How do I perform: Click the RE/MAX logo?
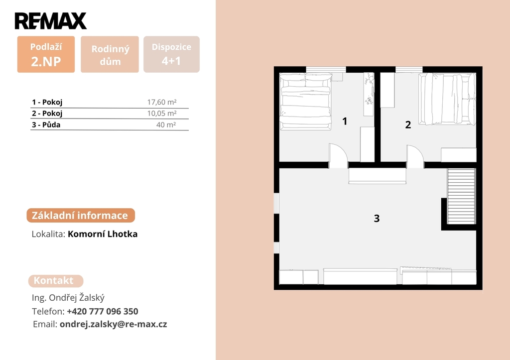[50, 21]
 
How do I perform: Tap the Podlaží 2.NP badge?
[46, 54]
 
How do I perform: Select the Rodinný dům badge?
[110, 54]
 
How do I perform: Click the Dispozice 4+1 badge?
[171, 54]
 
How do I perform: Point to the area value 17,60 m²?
[162, 102]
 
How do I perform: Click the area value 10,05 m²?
[162, 113]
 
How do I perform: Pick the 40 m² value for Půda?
[166, 124]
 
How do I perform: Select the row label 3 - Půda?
[46, 124]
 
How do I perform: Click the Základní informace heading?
[81, 215]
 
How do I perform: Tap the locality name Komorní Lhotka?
[103, 234]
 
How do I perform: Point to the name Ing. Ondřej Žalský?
[68, 298]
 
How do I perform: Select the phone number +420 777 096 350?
[103, 311]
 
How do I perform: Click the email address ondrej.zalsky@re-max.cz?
[113, 324]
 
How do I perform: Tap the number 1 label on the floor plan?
[345, 121]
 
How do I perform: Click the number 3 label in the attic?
[377, 218]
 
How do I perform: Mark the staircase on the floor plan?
[461, 196]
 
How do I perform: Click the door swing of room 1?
[338, 155]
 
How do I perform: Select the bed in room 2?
[447, 99]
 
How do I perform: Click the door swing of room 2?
[415, 156]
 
